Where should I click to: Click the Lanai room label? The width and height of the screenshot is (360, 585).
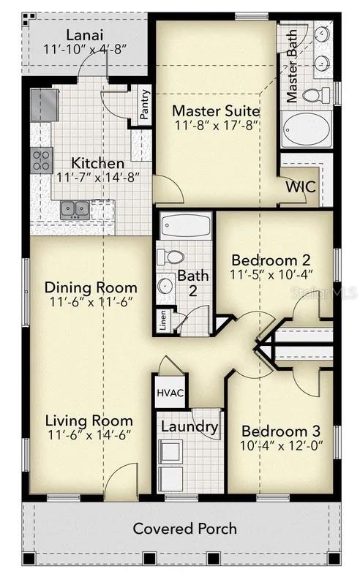click(x=85, y=34)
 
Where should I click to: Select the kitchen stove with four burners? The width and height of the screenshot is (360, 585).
click(x=42, y=159)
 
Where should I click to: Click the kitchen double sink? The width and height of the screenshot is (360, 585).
click(x=75, y=210)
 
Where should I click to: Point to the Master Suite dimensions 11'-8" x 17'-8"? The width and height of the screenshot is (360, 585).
click(x=217, y=127)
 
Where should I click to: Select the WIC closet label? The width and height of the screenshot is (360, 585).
click(x=300, y=186)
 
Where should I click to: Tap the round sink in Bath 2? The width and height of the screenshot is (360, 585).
click(x=166, y=284)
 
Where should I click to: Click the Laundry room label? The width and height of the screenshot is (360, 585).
click(x=190, y=426)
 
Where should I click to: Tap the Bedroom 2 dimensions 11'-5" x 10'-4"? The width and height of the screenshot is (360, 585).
click(x=271, y=275)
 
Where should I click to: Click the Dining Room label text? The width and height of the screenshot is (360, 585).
click(x=91, y=287)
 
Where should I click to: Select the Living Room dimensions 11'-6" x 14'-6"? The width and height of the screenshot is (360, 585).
click(x=89, y=435)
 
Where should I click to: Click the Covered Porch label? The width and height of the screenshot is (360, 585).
click(x=184, y=528)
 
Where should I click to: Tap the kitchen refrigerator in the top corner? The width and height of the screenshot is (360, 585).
click(x=44, y=105)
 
